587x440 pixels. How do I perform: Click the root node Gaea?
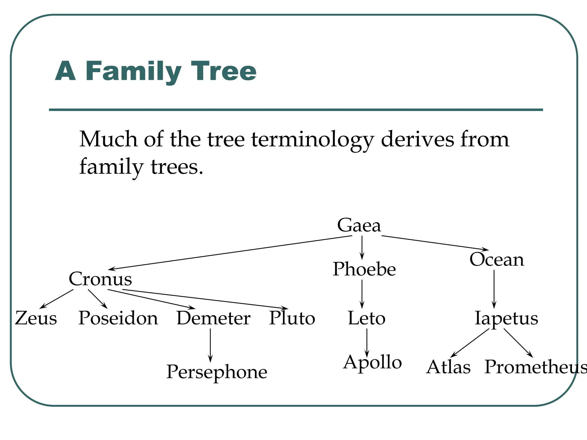click(x=359, y=225)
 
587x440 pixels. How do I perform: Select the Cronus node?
click(x=100, y=279)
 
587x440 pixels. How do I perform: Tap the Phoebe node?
click(x=364, y=269)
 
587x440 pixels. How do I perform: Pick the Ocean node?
click(x=497, y=260)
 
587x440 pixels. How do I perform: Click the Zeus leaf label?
click(x=36, y=318)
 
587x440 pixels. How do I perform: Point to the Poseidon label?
click(x=118, y=318)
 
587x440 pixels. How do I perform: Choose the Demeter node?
click(x=214, y=318)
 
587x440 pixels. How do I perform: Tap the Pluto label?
click(x=292, y=318)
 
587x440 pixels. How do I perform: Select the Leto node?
click(x=367, y=318)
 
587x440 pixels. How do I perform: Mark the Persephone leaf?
click(x=217, y=372)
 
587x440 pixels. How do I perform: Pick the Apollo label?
click(x=372, y=363)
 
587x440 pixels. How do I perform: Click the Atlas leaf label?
click(x=448, y=367)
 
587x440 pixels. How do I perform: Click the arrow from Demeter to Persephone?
click(x=210, y=345)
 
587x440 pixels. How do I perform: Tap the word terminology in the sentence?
click(x=312, y=140)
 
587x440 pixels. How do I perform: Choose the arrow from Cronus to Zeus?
click(x=56, y=299)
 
